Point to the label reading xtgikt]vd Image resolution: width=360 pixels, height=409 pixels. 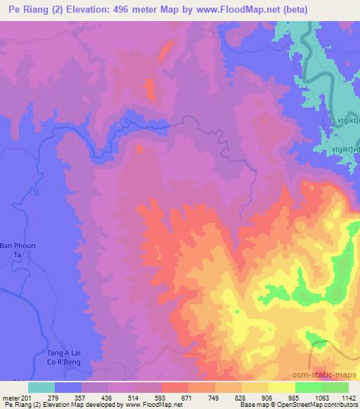[x=345, y=148]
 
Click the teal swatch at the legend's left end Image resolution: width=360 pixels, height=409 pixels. [x=41, y=387]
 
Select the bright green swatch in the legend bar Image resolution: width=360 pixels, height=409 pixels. [x=309, y=387]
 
